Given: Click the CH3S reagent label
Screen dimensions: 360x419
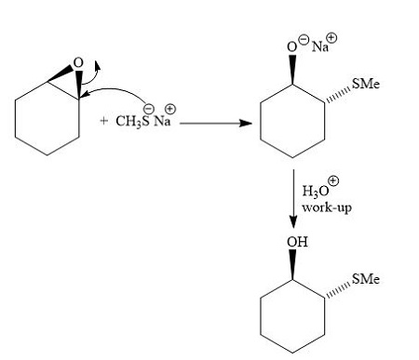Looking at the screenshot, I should point(132,123).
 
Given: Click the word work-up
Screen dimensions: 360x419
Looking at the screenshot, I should point(324,207).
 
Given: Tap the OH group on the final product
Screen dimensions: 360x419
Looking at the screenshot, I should point(296,243).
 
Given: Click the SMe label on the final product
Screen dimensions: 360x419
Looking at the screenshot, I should point(366,280).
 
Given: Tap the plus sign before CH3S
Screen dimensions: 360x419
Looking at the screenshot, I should point(103,122).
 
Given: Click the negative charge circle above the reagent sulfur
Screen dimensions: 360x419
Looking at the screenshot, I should point(146,107).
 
